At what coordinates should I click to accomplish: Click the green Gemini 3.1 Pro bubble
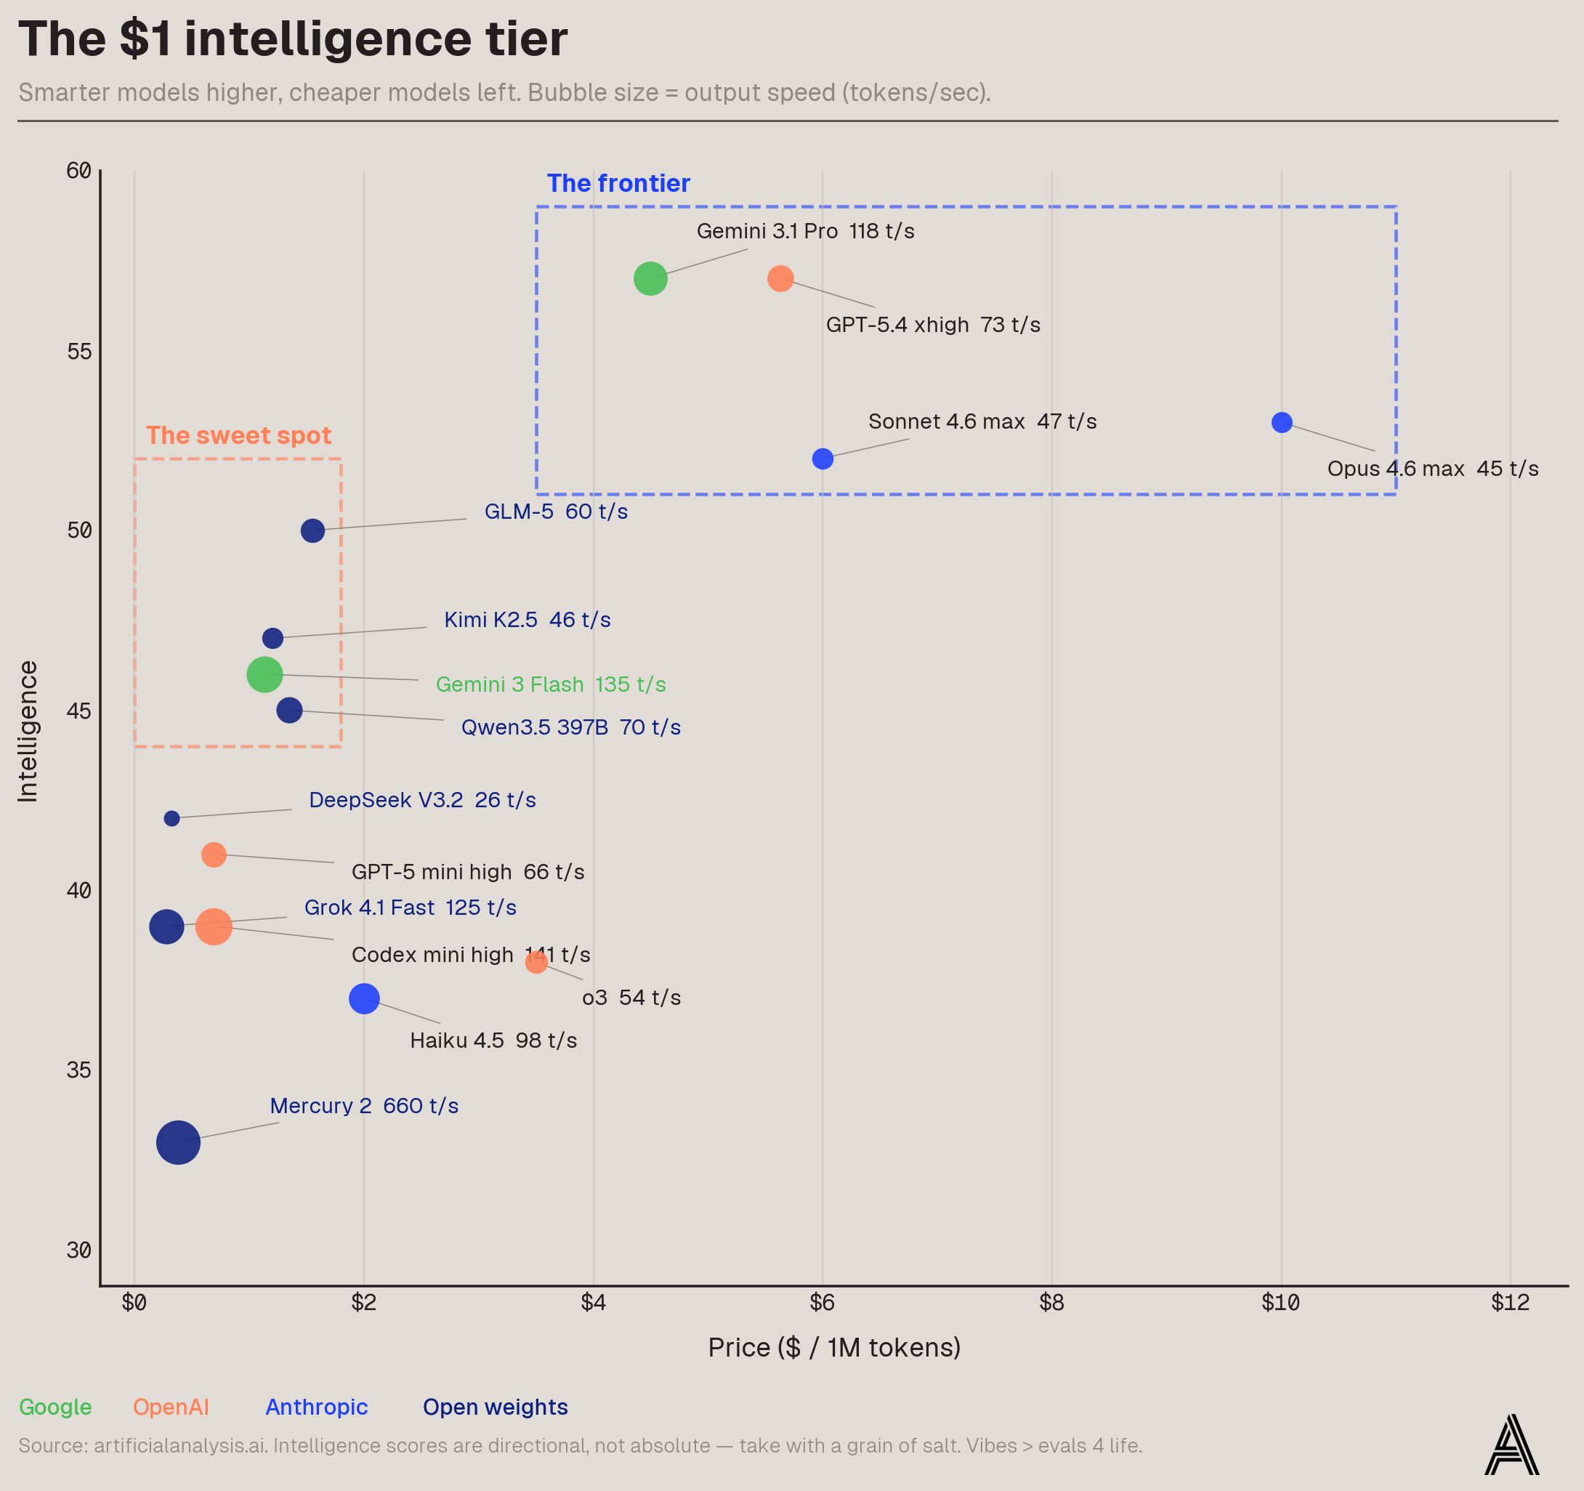[650, 278]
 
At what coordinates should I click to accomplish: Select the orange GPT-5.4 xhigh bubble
[780, 278]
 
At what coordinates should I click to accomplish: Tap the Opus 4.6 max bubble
[1281, 422]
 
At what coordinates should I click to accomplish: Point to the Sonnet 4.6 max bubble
[823, 459]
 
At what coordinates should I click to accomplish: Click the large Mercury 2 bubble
[178, 1142]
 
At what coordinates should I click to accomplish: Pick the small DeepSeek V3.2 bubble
[171, 818]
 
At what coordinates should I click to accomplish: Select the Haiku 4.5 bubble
[364, 998]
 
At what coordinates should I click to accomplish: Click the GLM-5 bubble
[312, 530]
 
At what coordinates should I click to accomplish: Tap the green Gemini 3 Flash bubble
[264, 674]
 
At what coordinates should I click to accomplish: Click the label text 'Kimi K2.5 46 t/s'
[527, 620]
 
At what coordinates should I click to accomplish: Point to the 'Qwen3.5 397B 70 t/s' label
[570, 727]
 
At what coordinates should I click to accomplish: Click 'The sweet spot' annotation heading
[238, 436]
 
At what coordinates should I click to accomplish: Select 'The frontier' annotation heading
[618, 183]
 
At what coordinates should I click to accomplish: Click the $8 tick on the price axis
[1051, 1302]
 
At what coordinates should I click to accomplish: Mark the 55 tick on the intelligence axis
[79, 352]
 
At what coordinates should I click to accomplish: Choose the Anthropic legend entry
[316, 1407]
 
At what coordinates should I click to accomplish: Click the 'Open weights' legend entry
[495, 1407]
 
